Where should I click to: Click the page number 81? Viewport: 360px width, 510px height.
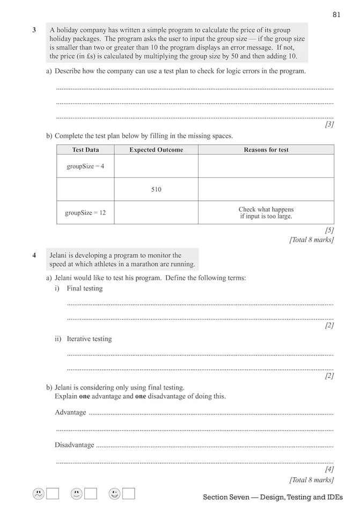(336, 14)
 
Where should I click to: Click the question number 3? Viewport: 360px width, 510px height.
(34, 30)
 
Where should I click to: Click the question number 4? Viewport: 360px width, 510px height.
(34, 256)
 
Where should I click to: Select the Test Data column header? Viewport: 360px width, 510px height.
(85, 150)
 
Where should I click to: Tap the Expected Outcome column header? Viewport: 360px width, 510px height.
(156, 150)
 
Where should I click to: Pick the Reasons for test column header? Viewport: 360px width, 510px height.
(266, 150)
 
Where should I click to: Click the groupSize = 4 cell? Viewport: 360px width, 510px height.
(85, 166)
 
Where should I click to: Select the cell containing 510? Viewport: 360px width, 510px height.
(156, 190)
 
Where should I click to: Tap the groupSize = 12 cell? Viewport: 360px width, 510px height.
(85, 213)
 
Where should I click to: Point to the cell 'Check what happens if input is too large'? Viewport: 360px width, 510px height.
(266, 213)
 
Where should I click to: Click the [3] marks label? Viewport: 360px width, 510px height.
(329, 125)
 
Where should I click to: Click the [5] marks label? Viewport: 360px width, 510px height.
(329, 230)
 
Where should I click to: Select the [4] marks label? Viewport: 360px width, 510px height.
(329, 469)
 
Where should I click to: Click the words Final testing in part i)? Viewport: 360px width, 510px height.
(84, 288)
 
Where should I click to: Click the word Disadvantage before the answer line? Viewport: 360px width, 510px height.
(74, 445)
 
